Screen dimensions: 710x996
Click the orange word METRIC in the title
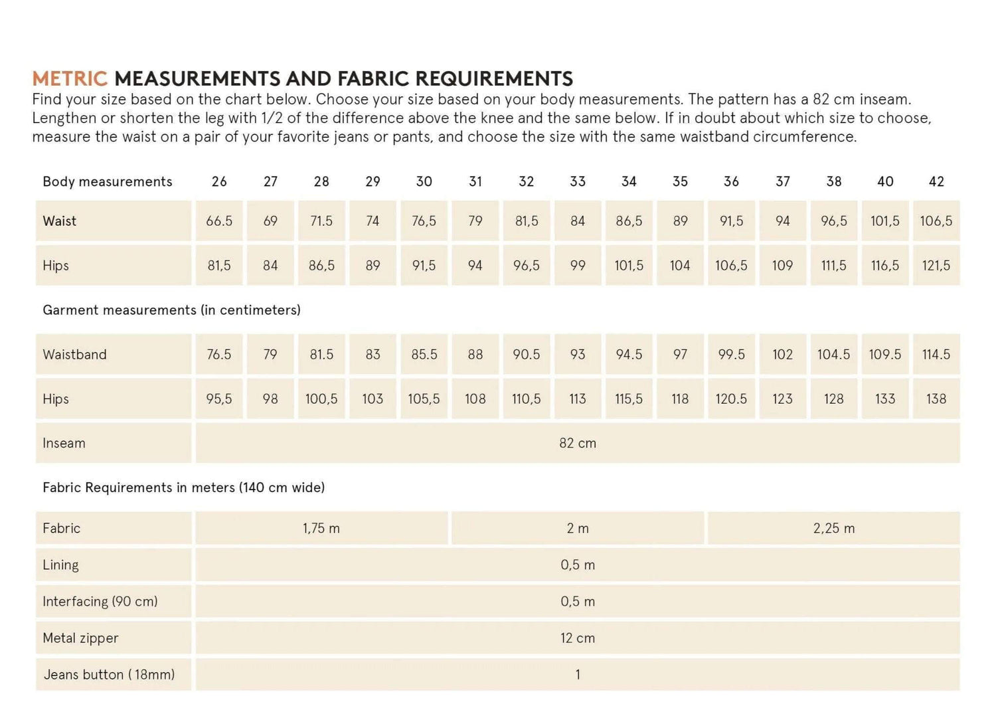point(70,78)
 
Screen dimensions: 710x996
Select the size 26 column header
point(219,181)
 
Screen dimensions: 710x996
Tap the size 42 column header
point(936,181)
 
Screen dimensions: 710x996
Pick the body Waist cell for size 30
point(424,221)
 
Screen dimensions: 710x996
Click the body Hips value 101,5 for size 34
point(629,266)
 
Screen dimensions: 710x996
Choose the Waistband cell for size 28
point(321,355)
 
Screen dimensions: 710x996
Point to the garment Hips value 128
point(834,399)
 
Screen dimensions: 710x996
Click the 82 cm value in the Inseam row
point(578,443)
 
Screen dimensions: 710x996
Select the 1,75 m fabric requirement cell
point(321,529)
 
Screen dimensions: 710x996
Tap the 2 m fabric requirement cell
point(578,529)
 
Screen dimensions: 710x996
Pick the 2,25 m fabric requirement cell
point(834,529)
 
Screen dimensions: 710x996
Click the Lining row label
point(60,565)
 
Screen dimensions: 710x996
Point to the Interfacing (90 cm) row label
point(100,602)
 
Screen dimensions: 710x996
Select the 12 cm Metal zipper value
point(578,638)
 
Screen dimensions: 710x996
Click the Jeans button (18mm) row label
point(110,675)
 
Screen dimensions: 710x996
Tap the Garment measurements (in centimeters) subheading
point(171,310)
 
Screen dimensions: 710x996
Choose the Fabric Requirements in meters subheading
point(183,488)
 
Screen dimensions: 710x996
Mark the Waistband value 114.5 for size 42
point(936,355)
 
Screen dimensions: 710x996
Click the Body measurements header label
point(108,181)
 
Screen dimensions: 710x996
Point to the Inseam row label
point(64,443)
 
